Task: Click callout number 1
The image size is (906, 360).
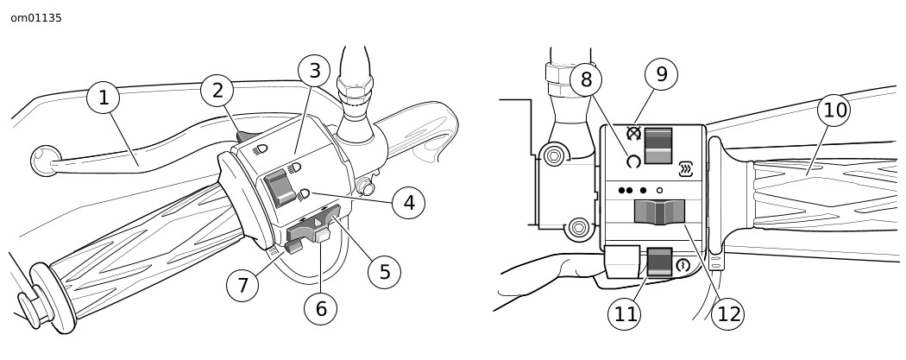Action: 104,97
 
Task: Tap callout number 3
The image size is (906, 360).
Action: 314,71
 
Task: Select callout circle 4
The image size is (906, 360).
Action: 408,203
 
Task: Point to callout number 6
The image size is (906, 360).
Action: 321,308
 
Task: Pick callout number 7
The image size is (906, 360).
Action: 242,285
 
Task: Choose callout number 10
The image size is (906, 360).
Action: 834,110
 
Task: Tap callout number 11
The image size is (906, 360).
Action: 625,313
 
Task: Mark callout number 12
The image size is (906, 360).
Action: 727,313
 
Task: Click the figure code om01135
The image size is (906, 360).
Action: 36,18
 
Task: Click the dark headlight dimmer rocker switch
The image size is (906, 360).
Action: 280,187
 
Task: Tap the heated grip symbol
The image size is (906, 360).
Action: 686,168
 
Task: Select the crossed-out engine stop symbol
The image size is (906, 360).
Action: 634,134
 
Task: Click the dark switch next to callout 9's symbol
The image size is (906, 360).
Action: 658,146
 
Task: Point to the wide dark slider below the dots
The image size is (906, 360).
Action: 659,212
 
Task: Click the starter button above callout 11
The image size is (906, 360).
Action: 660,262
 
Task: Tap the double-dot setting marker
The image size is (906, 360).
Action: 626,190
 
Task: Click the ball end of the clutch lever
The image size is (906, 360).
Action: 45,160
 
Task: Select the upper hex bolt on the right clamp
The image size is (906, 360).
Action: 554,155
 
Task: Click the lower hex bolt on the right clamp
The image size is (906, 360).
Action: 578,227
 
